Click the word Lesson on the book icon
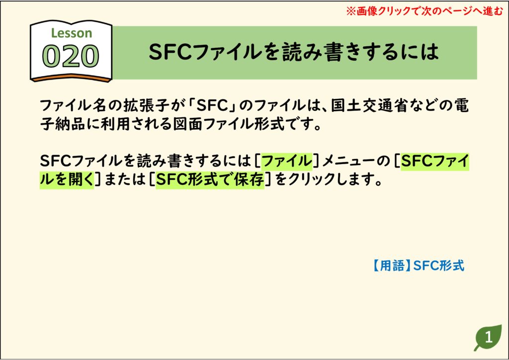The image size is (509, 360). tap(72, 33)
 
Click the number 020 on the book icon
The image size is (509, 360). tap(71, 56)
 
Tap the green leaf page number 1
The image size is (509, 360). tap(488, 338)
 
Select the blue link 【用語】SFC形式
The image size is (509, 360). tap(418, 266)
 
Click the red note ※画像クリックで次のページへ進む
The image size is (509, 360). tap(424, 11)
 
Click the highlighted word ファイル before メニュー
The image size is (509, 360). tap(287, 161)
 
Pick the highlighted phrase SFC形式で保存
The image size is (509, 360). tap(210, 180)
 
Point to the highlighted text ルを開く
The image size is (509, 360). tap(67, 180)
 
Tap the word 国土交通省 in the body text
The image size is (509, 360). tap(369, 105)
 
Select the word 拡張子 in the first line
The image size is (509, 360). tap(145, 105)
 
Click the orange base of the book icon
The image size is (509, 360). tap(71, 78)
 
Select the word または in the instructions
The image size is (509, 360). tap(125, 180)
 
